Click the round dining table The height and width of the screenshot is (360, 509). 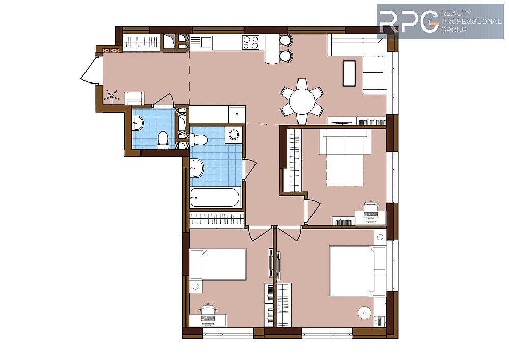[x=302, y=101]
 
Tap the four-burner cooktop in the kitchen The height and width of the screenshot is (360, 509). [x=251, y=42]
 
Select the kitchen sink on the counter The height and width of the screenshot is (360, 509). [x=201, y=43]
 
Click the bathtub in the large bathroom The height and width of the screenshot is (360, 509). [x=215, y=197]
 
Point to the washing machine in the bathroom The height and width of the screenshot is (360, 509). [x=234, y=134]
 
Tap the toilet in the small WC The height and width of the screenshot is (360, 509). [x=163, y=140]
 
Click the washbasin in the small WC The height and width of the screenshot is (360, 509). [x=137, y=123]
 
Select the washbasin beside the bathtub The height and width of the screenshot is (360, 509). [x=196, y=168]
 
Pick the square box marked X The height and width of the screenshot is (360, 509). [x=237, y=114]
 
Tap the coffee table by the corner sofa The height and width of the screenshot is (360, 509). [x=349, y=73]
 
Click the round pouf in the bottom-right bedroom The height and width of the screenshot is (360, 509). [x=364, y=313]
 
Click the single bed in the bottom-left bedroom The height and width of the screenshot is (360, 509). [x=218, y=264]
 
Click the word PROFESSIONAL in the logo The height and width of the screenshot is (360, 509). [x=471, y=21]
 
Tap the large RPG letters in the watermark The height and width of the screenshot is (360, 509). [x=409, y=21]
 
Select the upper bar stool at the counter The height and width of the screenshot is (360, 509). [x=286, y=40]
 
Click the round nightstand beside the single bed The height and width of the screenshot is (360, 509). [x=196, y=286]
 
